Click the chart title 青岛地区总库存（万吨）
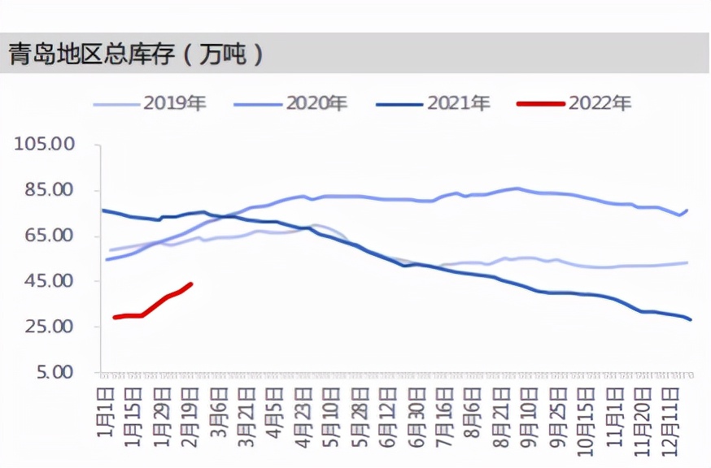pos(136,54)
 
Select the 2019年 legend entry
pos(150,103)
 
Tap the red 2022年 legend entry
pos(574,103)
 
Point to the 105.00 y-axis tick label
pos(45,144)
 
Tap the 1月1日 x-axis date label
pos(104,410)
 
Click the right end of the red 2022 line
pos(191,284)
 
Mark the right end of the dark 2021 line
pos(691,319)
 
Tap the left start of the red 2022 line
pos(114,317)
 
